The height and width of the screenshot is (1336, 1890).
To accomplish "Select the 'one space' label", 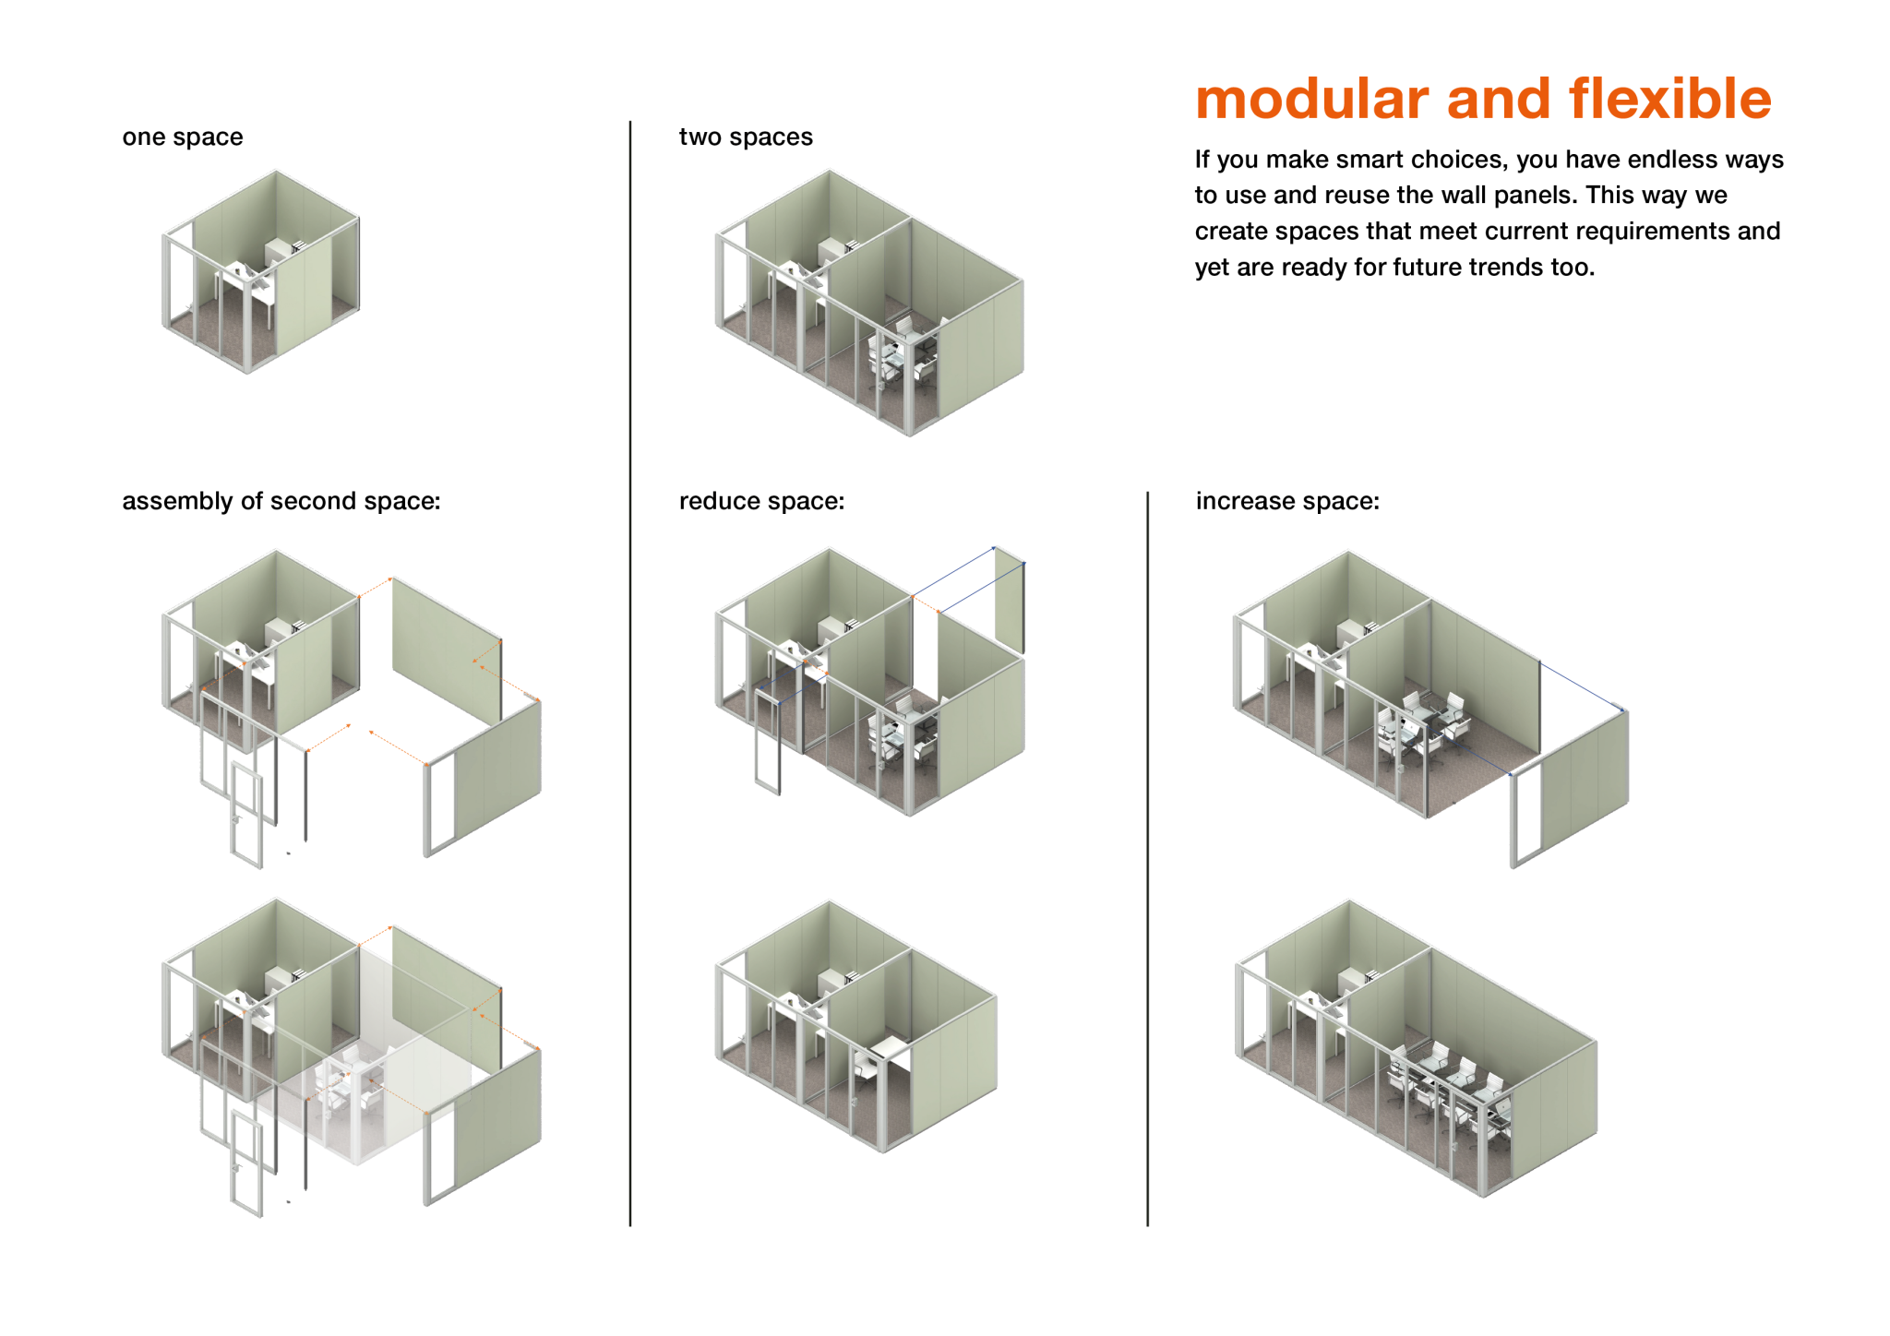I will pos(182,137).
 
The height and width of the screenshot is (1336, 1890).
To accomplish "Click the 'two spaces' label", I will pos(746,137).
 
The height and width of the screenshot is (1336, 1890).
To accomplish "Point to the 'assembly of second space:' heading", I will pos(281,501).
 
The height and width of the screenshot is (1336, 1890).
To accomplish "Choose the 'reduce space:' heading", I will pos(761,501).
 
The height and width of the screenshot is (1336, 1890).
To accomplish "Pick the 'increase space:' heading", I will pos(1287,501).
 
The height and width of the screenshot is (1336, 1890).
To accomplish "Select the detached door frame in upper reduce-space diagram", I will pos(768,742).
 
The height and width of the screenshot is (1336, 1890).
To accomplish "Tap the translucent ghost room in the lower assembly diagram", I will pos(388,1080).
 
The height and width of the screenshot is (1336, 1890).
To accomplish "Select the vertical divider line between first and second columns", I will pos(630,674).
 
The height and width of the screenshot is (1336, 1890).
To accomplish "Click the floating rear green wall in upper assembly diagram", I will pos(446,650).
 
